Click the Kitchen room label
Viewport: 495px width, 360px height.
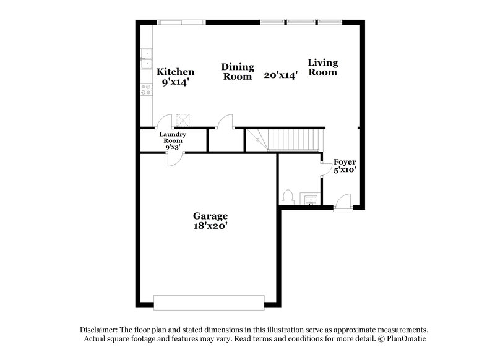tap(175, 72)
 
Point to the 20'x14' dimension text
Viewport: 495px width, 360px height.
tap(281, 75)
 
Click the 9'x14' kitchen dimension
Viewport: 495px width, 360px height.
tap(175, 82)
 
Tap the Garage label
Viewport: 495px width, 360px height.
tap(210, 216)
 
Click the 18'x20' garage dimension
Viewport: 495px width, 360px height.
tap(210, 226)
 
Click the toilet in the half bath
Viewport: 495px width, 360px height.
tap(287, 197)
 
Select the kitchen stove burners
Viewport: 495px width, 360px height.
tap(147, 90)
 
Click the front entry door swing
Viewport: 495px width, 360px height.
tap(342, 202)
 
